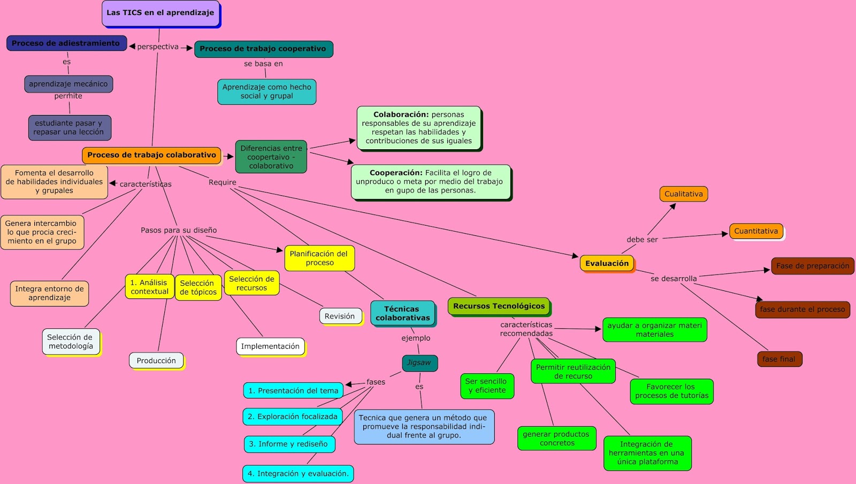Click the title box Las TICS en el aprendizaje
160,13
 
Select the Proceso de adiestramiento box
66,43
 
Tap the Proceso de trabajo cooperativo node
263,49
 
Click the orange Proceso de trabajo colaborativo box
151,155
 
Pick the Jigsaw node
419,363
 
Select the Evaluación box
607,263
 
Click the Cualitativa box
683,194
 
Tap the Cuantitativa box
756,231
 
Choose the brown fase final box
779,359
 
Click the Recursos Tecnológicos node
499,306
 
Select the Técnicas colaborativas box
402,313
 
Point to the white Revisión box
340,316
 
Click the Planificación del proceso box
319,258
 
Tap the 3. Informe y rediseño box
288,444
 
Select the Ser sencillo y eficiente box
486,386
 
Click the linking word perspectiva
158,47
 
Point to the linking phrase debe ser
642,240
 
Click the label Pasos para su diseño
179,230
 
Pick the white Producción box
156,360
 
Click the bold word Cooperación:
396,173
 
